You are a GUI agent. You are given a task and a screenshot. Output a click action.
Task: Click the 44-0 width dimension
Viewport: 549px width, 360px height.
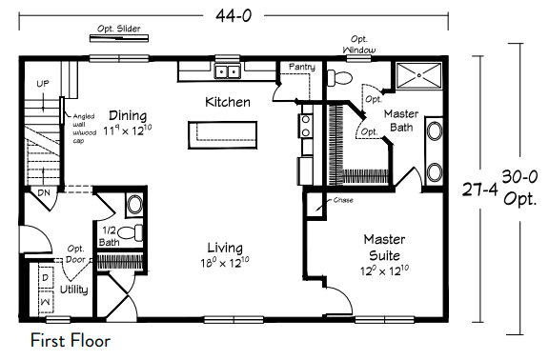(x=234, y=16)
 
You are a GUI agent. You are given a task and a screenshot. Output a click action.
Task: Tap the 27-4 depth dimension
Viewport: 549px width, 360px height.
(x=480, y=190)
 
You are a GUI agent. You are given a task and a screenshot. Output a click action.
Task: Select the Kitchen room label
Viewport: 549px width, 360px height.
(x=228, y=102)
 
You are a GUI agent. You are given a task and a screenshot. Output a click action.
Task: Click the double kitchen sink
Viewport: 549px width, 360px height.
(x=227, y=71)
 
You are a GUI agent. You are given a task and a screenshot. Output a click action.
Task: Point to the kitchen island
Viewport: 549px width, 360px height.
(x=223, y=135)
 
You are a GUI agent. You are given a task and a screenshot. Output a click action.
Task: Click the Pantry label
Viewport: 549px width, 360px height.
(x=302, y=67)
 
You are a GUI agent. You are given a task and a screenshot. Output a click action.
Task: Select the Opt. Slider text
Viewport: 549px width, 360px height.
(x=119, y=29)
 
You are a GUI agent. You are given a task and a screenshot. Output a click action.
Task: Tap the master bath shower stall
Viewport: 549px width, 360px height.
(x=418, y=75)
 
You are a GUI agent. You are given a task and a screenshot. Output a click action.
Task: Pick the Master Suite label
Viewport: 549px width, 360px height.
(x=384, y=248)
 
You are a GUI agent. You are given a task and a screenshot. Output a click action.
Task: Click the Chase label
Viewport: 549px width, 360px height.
(x=343, y=200)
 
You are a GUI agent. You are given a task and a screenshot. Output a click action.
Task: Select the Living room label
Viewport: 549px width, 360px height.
(x=225, y=248)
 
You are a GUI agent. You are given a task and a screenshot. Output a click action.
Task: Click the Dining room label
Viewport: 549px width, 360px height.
(x=128, y=115)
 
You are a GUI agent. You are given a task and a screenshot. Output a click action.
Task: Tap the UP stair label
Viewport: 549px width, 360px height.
(x=43, y=84)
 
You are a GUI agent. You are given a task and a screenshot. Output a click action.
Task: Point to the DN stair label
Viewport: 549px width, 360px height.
(x=44, y=192)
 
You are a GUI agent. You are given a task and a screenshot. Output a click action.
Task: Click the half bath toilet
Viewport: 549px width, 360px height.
(x=131, y=232)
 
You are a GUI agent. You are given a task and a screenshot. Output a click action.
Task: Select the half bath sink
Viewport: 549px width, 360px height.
(x=134, y=205)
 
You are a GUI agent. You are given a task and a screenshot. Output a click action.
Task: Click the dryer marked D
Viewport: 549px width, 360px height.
(x=46, y=277)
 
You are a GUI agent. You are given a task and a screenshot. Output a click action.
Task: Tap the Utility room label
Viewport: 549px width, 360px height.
(x=74, y=290)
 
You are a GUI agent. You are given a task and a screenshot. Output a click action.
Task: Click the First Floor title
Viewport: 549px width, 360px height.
(x=71, y=341)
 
